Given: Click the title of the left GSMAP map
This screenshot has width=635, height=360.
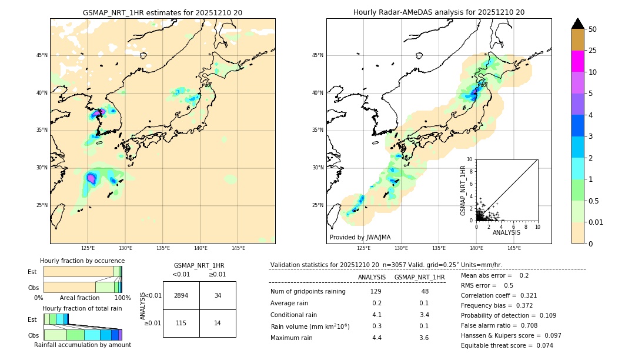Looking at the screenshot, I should coord(162,12).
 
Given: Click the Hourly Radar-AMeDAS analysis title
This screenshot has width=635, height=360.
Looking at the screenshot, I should coord(439,12).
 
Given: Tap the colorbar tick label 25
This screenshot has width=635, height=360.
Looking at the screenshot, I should coord(593,51).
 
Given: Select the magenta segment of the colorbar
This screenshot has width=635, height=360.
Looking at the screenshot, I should coord(577,61).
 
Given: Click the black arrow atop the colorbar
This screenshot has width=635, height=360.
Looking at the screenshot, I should coord(577,24).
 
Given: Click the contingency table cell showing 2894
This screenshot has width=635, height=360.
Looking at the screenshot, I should coord(181,295).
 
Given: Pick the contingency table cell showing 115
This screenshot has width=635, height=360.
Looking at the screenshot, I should coord(181,323).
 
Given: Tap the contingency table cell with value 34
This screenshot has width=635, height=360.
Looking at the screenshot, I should coord(218,295).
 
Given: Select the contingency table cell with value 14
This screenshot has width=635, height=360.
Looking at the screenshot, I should coord(218,323).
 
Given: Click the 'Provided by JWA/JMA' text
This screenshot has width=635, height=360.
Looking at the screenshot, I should coord(360,237).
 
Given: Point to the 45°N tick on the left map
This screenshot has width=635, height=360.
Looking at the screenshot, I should coord(42,55).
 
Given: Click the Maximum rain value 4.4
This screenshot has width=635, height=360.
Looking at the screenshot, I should coord(377,338).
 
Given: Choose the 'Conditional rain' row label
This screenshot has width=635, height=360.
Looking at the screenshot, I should coord(294,315).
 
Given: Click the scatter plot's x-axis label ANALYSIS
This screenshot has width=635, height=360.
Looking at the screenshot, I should coord(506,232).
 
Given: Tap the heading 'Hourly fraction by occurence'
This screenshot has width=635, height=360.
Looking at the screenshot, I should coord(82,261).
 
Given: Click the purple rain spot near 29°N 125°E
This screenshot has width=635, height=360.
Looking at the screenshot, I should coord(91,178).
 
